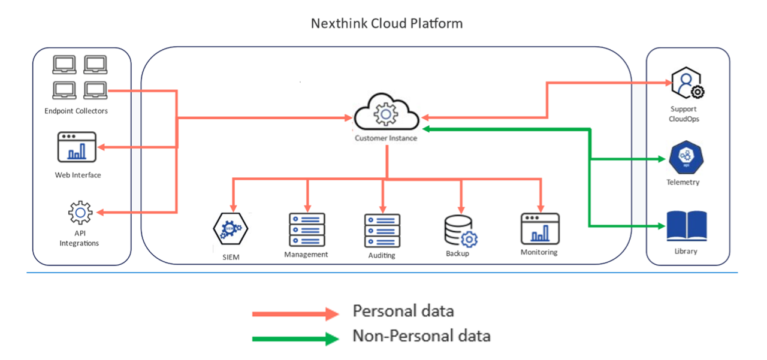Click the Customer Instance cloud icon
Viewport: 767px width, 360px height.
coord(385,112)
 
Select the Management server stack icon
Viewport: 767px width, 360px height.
coord(307,229)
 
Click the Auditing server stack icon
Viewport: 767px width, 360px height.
coord(382,231)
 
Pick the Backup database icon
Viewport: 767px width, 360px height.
coord(460,231)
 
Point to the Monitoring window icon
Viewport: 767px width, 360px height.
coord(540,229)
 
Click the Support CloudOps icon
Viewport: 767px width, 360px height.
coord(686,84)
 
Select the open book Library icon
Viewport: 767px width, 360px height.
coord(686,226)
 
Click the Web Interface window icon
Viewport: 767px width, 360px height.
coord(77,147)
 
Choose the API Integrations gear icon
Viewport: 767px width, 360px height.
coord(80,213)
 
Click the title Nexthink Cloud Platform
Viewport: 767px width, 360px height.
coord(386,24)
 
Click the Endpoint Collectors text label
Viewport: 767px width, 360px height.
coord(76,111)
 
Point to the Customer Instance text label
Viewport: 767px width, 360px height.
coord(386,138)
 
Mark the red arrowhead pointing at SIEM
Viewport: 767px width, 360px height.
coord(232,202)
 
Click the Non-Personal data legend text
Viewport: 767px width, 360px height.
coord(421,336)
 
